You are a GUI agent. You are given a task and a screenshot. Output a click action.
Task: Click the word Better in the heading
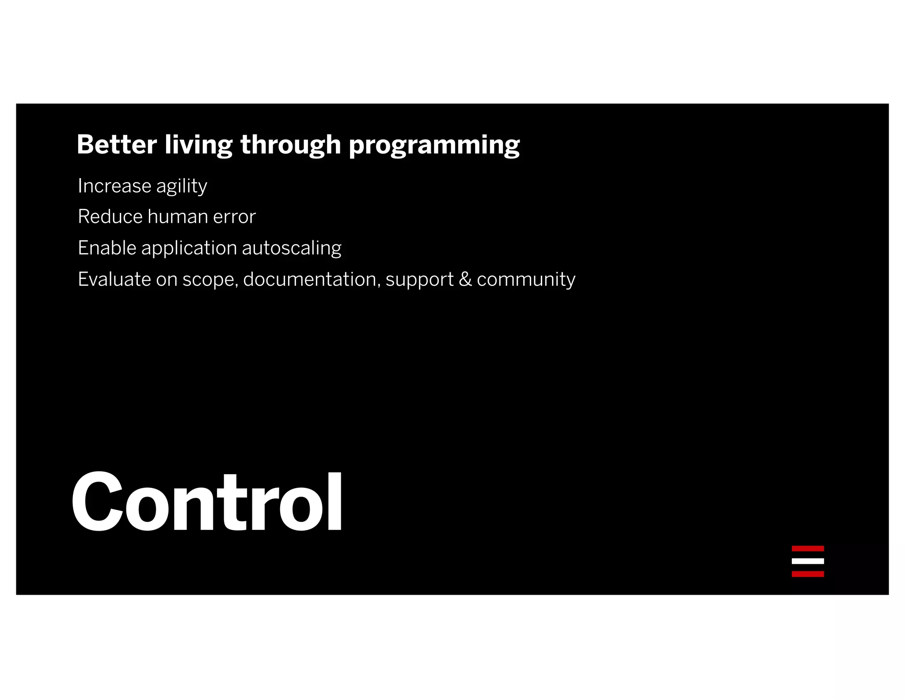pos(117,144)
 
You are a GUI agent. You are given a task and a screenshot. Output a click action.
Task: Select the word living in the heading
pos(198,145)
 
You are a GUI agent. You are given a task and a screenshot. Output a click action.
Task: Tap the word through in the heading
pos(290,145)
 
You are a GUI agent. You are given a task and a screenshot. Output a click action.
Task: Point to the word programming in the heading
pos(434,145)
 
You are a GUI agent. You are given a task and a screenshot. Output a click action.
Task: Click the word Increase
pos(114,186)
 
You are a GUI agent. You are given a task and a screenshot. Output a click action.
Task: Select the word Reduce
pos(110,217)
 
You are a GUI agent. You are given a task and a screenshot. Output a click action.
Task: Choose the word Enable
pos(107,248)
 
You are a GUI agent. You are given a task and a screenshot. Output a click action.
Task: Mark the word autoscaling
pos(292,248)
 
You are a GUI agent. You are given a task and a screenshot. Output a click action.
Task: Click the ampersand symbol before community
pos(465,279)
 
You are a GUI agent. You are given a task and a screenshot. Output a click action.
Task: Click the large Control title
pos(207,502)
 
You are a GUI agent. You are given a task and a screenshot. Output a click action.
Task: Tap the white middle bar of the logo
pos(807,561)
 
